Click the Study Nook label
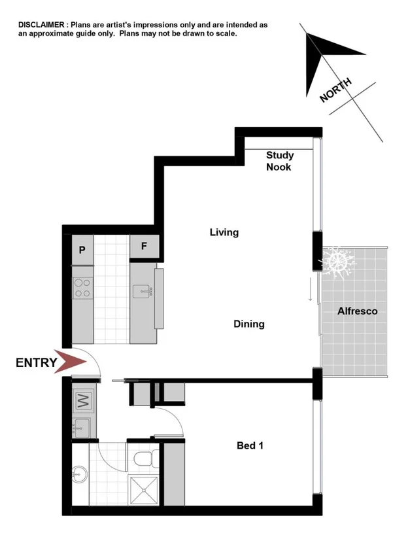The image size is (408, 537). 279,161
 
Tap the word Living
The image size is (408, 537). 224,232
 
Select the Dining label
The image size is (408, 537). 249,324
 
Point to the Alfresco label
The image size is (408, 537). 357,311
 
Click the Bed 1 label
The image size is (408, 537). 250,446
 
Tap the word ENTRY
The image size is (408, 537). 36,362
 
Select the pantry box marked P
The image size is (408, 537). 83,250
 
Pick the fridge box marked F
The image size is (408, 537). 143,247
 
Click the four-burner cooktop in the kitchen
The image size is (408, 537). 82,288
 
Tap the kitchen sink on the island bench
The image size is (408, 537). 143,291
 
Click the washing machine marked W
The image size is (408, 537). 83,398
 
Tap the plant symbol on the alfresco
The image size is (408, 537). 337,262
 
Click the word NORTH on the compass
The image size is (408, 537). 336,90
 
